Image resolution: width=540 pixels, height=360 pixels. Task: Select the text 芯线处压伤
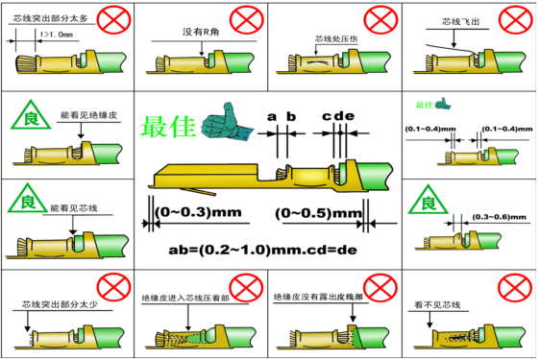pyautogui.click(x=332, y=40)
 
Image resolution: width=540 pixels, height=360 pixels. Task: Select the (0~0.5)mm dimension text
pyautogui.click(x=308, y=211)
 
